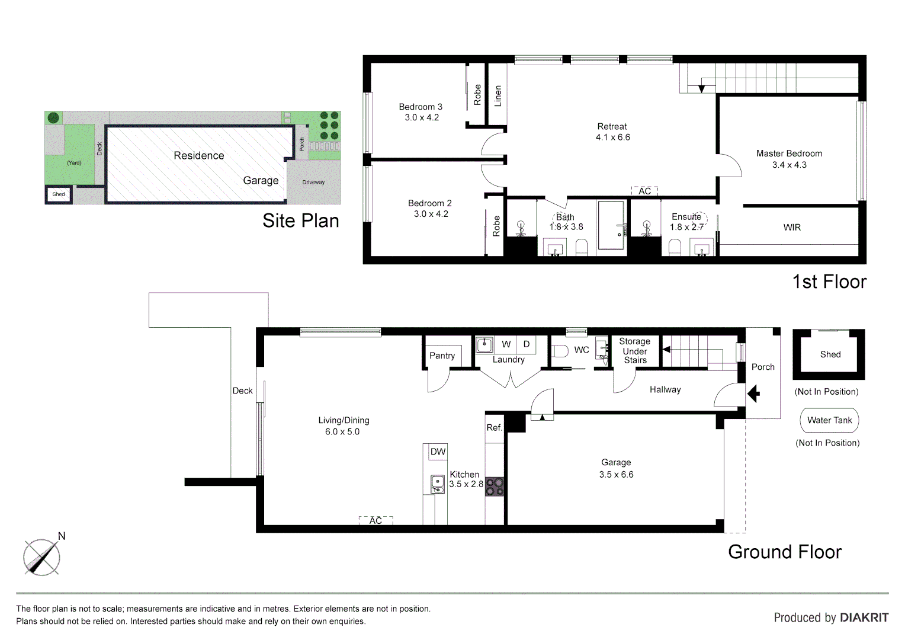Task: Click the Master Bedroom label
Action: click(x=789, y=153)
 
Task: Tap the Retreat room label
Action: click(x=612, y=126)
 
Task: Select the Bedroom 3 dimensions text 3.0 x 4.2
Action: click(x=422, y=118)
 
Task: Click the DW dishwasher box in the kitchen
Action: click(x=438, y=452)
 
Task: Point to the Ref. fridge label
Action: click(x=494, y=427)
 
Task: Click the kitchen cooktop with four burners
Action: click(x=495, y=487)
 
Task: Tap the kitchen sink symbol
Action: click(x=437, y=484)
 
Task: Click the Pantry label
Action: click(x=442, y=356)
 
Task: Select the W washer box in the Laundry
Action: click(x=506, y=344)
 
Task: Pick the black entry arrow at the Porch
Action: click(x=753, y=393)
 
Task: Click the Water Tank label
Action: click(x=829, y=420)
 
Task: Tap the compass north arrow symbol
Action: click(x=41, y=556)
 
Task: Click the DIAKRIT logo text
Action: click(x=864, y=617)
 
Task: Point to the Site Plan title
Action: click(x=301, y=221)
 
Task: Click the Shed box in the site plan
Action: click(x=59, y=194)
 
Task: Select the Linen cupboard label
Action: click(x=498, y=95)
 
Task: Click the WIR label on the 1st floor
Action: click(x=792, y=228)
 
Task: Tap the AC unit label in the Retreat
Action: click(x=644, y=191)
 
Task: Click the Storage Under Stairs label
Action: click(x=634, y=351)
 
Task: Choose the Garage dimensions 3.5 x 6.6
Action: click(x=616, y=475)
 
